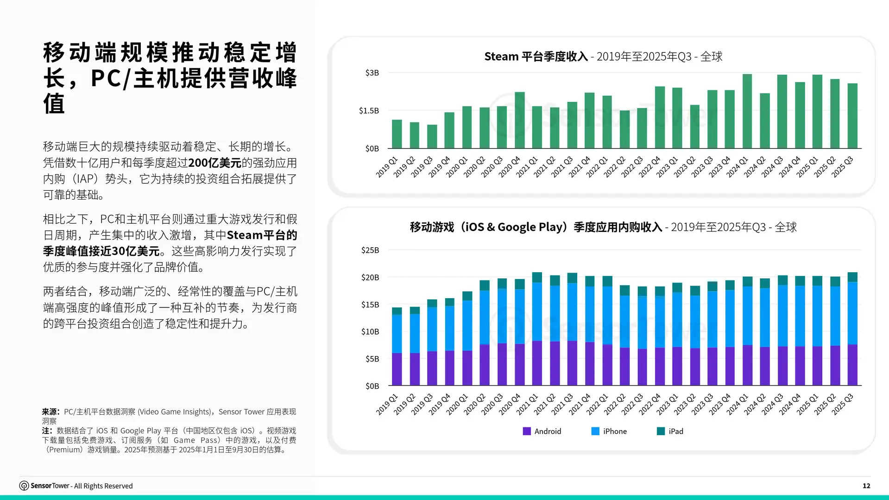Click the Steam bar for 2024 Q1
pyautogui.click(x=747, y=111)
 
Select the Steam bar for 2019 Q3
pyautogui.click(x=432, y=137)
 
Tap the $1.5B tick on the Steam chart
pyautogui.click(x=369, y=111)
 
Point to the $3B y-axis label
pyautogui.click(x=372, y=73)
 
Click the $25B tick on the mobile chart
pyautogui.click(x=370, y=250)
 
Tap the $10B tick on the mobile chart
pyautogui.click(x=370, y=331)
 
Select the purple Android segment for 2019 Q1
pyautogui.click(x=397, y=369)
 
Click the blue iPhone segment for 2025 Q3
pyautogui.click(x=852, y=313)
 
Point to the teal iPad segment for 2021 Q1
pyautogui.click(x=537, y=277)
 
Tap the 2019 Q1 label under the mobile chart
pyautogui.click(x=387, y=404)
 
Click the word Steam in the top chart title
pyautogui.click(x=501, y=56)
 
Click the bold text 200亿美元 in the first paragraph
pyautogui.click(x=214, y=163)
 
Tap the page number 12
pyautogui.click(x=866, y=486)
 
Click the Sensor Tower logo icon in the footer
pyautogui.click(x=24, y=486)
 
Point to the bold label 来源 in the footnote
pyautogui.click(x=50, y=412)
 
